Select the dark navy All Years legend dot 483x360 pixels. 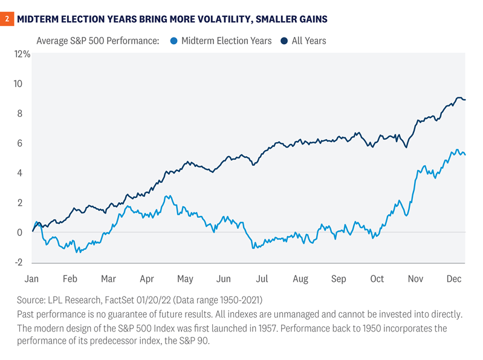pos(284,41)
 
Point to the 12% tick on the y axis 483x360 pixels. pos(22,54)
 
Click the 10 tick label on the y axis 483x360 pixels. pos(25,83)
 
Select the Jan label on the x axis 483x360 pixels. pos(31,279)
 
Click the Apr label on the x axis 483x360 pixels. pos(147,279)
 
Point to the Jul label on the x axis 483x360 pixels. pos(262,279)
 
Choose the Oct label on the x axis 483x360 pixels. pos(377,279)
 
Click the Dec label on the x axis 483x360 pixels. pos(453,279)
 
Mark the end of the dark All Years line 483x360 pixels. pos(464,100)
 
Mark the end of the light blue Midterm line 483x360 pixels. pos(464,155)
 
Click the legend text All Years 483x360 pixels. pos(310,41)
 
